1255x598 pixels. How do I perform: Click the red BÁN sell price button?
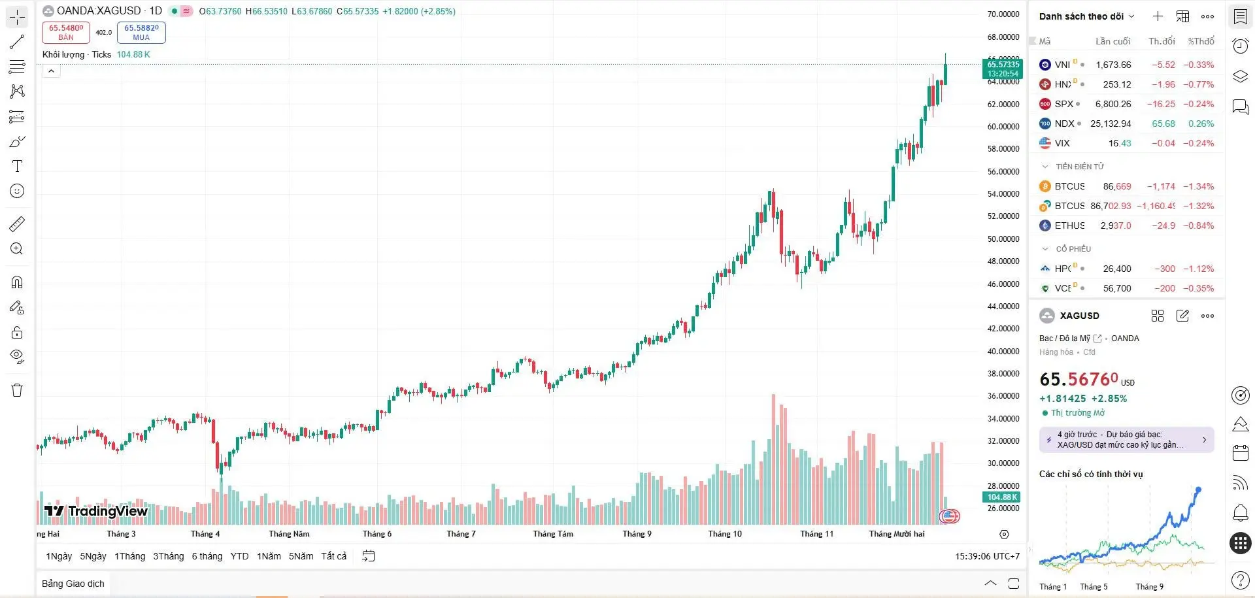[66, 32]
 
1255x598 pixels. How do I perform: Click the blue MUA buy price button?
[141, 32]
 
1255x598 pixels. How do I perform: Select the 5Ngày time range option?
[93, 556]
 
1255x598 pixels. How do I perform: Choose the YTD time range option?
[239, 556]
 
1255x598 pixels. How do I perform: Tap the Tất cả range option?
[333, 556]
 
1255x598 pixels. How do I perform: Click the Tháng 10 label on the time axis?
[725, 534]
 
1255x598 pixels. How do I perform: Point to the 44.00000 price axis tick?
[1003, 307]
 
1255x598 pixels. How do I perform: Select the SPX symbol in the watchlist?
[1063, 104]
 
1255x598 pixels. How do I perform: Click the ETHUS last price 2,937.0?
[1115, 225]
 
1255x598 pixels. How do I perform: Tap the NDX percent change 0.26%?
[1201, 124]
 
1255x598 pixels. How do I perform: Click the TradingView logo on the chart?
[96, 511]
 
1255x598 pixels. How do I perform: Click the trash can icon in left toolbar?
[17, 390]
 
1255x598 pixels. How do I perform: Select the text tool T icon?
[17, 166]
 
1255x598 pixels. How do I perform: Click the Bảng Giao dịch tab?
[73, 584]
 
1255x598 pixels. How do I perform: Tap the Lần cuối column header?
[1113, 41]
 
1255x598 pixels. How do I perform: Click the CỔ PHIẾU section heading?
[1073, 249]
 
